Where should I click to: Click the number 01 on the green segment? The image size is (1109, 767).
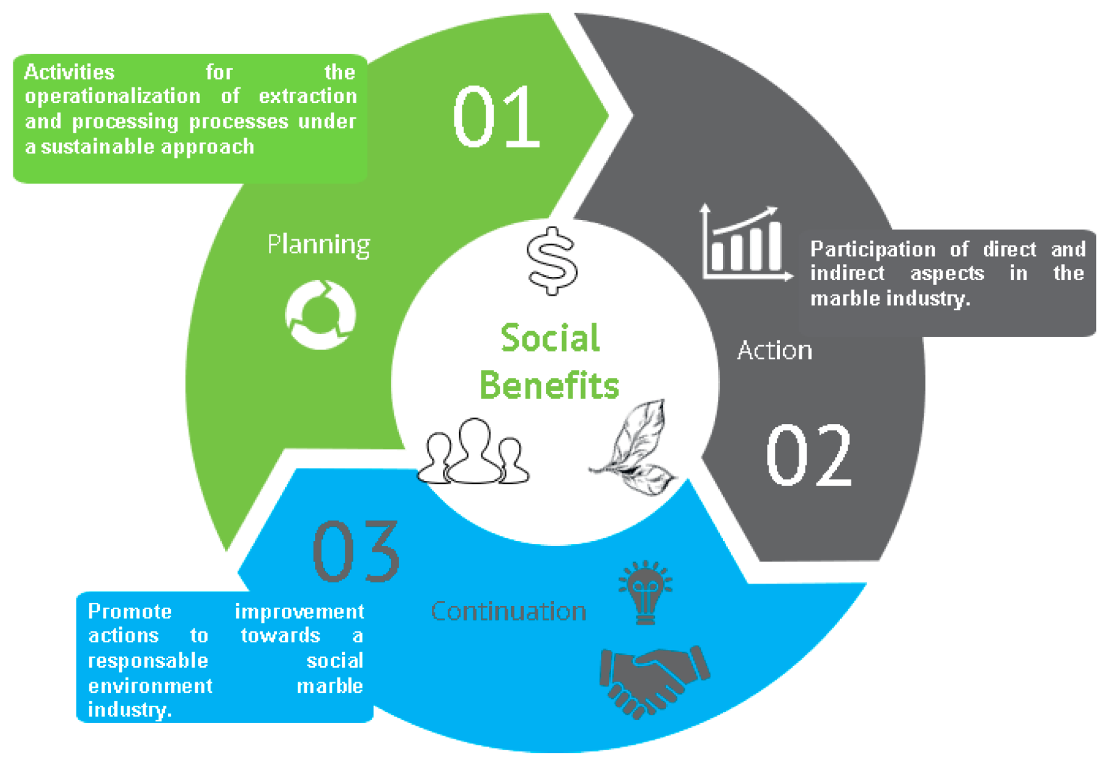pos(496,116)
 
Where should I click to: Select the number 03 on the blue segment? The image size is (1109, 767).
pos(356,551)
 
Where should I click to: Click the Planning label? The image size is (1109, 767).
pos(319,245)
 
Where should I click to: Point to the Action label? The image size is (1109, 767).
pos(775,351)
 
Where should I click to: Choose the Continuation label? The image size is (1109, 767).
pos(508,611)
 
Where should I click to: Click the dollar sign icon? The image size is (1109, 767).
pos(552,261)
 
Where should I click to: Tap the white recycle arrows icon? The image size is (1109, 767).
pos(320,314)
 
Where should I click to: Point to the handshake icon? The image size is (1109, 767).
pos(654,681)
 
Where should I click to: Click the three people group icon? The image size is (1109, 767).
pos(473,453)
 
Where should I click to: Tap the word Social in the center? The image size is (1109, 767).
pos(550,338)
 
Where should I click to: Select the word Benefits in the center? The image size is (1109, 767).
pos(549,385)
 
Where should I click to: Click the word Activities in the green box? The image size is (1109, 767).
pos(69,72)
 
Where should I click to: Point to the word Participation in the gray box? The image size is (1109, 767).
pos(873,249)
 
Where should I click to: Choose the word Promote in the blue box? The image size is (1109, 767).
pos(130,611)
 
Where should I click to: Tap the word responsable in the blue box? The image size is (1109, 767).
pos(148,661)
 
